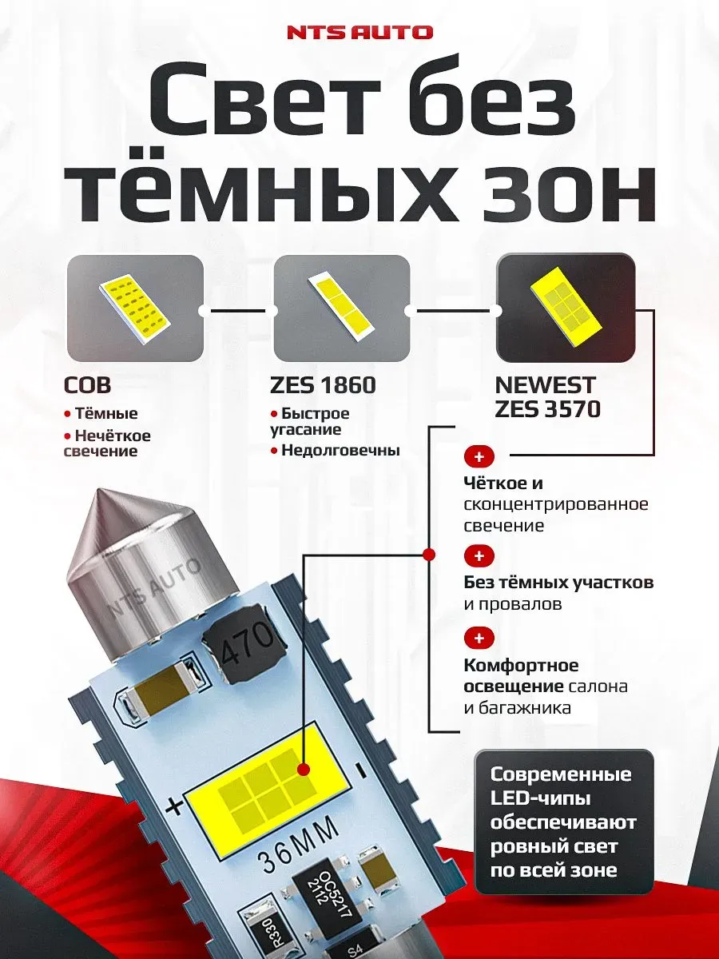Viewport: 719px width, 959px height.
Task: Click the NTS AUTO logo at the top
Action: click(359, 33)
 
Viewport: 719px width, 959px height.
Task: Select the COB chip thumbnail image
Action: click(134, 308)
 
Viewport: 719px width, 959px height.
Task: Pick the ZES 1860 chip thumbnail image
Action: click(341, 308)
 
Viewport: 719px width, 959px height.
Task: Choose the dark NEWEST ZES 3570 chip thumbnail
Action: click(565, 308)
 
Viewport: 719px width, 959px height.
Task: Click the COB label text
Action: click(87, 386)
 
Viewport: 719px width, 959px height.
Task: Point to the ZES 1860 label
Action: click(324, 386)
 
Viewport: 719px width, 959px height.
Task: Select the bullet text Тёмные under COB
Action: click(105, 414)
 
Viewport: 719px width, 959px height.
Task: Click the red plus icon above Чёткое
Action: click(479, 457)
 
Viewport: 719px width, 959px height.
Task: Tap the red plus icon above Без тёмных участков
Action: click(479, 555)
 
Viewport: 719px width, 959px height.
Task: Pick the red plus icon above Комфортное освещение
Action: click(479, 638)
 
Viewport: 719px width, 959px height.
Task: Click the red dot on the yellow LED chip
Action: click(304, 769)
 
